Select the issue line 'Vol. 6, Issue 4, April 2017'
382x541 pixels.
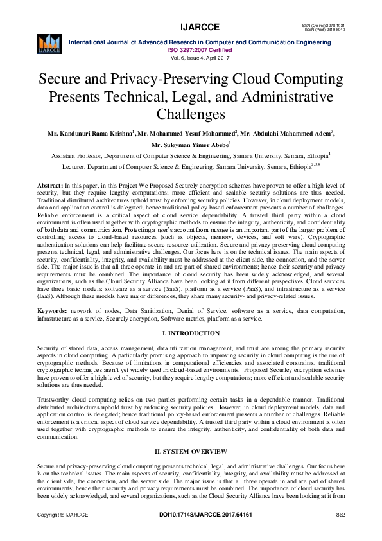191,57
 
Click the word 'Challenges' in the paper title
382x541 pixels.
191,114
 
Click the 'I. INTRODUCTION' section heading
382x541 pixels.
191,333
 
